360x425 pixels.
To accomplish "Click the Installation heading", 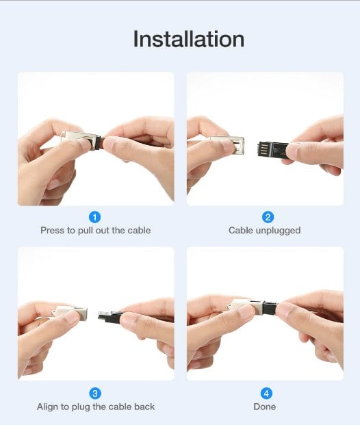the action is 189,39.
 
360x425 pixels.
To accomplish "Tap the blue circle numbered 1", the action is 94,217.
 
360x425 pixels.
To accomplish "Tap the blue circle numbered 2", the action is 268,217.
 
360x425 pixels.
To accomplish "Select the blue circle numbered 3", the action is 95,394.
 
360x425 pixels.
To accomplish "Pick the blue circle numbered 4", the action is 266,394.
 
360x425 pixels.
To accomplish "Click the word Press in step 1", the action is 52,231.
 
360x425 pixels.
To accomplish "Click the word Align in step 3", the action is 47,407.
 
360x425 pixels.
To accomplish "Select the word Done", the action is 265,407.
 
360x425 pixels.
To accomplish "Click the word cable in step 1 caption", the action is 139,231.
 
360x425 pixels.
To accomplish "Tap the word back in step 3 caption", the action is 144,407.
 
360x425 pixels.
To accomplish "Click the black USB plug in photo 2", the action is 272,149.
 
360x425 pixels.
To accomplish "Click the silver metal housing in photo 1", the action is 81,140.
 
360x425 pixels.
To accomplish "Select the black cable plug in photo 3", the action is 111,316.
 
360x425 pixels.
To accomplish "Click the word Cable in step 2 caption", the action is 241,231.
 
